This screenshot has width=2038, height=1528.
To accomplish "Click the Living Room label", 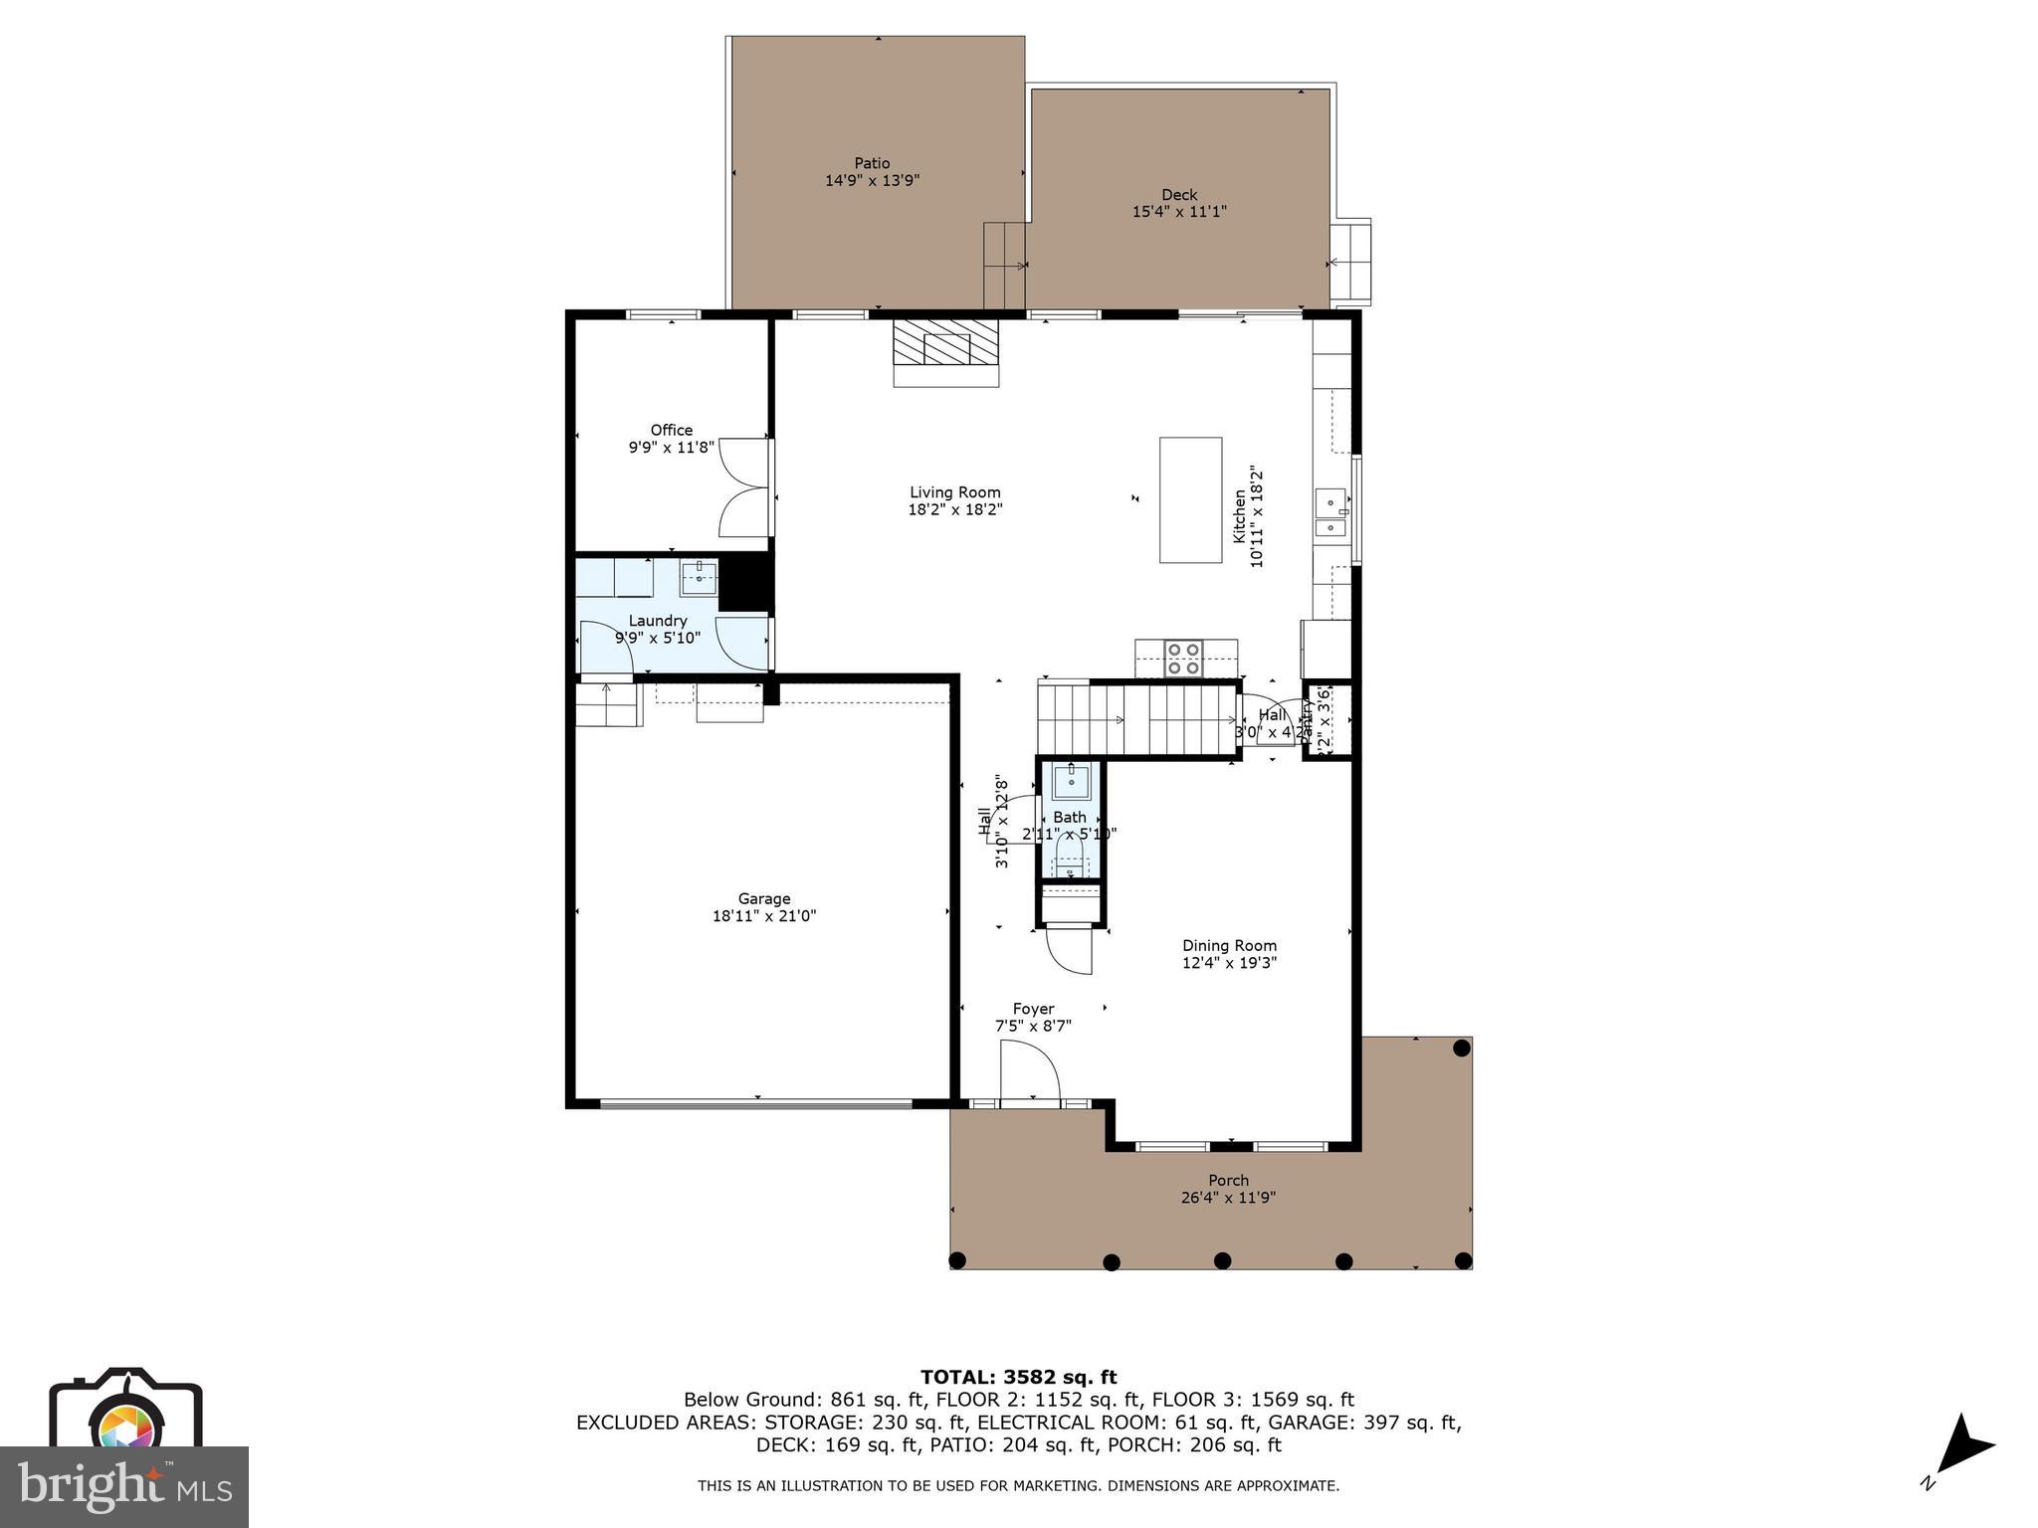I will click(954, 492).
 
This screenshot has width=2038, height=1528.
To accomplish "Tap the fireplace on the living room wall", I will click(945, 351).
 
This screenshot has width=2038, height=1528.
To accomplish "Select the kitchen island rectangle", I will click(1190, 500).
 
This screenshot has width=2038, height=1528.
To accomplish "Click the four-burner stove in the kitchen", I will click(1184, 658).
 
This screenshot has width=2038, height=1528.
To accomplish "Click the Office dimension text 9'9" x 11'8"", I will click(671, 448).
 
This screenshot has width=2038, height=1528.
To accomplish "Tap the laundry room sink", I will click(700, 577).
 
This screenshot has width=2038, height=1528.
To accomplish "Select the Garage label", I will click(763, 898).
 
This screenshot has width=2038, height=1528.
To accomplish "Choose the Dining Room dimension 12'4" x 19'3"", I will click(1229, 963).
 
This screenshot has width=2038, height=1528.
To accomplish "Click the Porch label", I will click(1228, 1181).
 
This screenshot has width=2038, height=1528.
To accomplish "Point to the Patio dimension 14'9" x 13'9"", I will click(872, 181).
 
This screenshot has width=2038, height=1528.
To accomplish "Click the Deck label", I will click(1179, 195).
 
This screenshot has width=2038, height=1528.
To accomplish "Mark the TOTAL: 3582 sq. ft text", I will click(1018, 1378).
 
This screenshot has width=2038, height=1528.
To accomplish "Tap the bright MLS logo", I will click(124, 1487).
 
